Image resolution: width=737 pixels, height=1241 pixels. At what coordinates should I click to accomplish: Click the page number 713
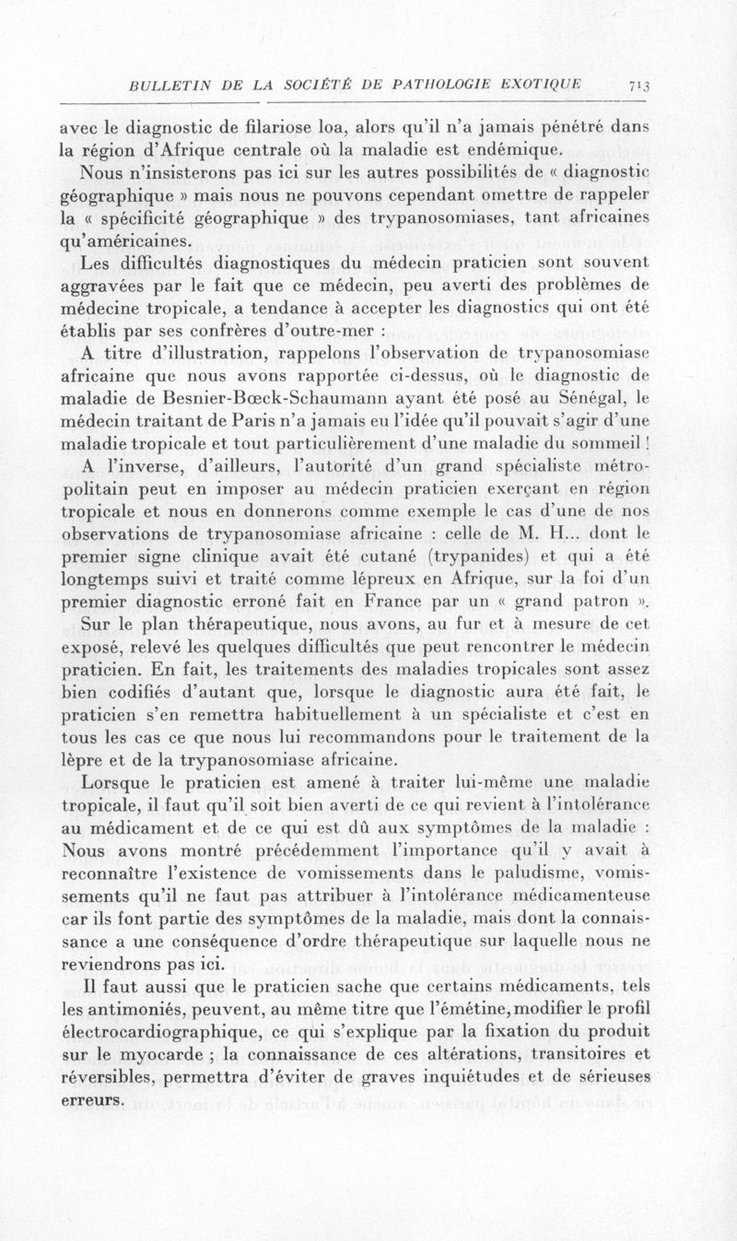tap(638, 86)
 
